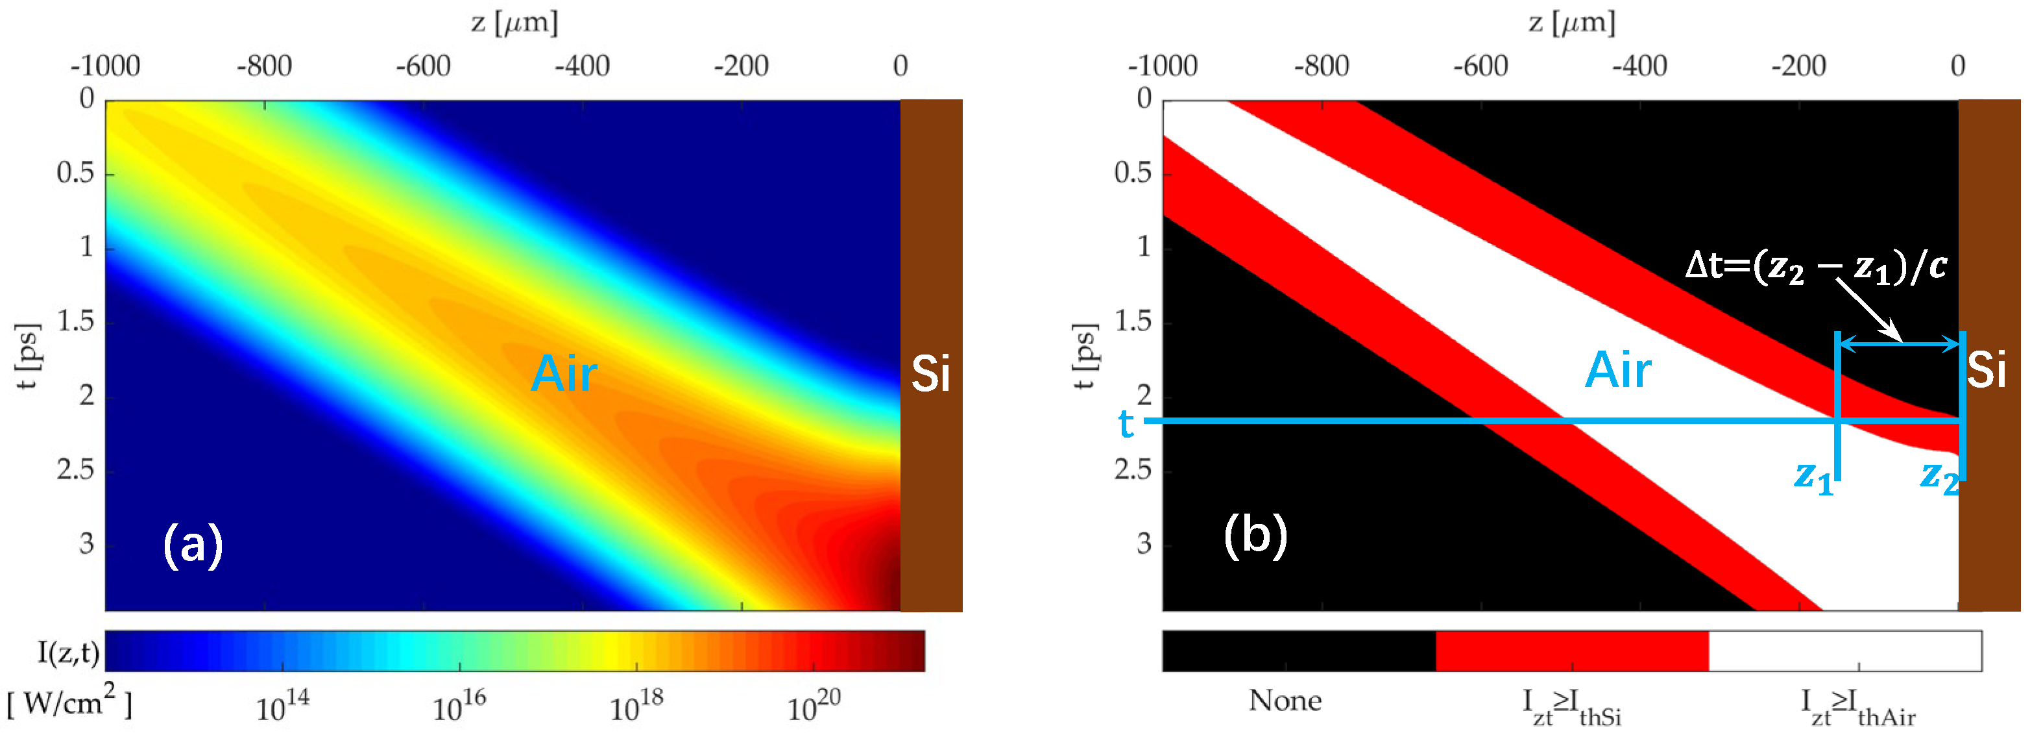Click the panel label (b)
1255,536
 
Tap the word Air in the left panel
563,373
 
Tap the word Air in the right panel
1618,370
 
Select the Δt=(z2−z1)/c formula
1815,266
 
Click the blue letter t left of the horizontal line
1126,424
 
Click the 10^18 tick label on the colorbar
636,706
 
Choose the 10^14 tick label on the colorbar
282,706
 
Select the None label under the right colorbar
1285,701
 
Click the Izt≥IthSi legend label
1571,706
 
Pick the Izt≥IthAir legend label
1857,706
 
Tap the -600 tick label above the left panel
423,66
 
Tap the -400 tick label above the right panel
1639,66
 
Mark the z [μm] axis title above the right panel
1571,22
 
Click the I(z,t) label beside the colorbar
69,652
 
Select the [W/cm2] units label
69,701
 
